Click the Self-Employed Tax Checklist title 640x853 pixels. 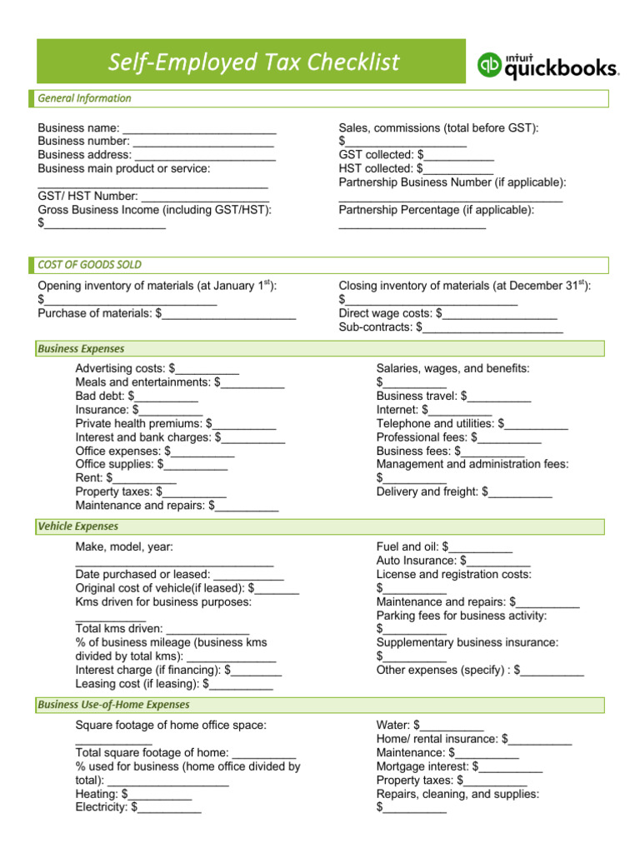point(255,62)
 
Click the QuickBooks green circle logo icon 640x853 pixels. point(490,65)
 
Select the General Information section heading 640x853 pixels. point(84,98)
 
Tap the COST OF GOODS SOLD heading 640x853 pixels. point(89,265)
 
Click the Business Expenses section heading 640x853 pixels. point(81,349)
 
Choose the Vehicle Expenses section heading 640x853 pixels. point(77,526)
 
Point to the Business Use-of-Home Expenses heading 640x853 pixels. point(113,706)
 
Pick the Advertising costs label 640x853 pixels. point(120,368)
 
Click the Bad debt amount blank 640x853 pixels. point(167,397)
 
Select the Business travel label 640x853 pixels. point(417,396)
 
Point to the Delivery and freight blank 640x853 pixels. point(520,492)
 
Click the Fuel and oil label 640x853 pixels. point(407,547)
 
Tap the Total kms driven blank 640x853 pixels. point(208,629)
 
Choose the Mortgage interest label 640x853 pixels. point(422,766)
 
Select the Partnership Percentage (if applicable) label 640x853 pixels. point(437,210)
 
